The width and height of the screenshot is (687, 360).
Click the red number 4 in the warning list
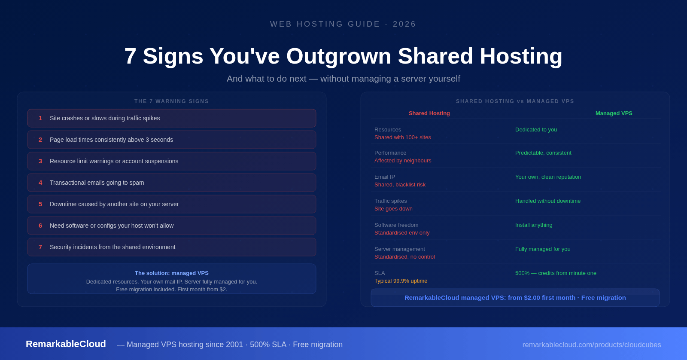pyautogui.click(x=40, y=183)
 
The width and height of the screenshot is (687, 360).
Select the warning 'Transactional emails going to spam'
pyautogui.click(x=97, y=183)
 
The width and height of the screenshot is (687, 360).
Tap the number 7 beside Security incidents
pyautogui.click(x=40, y=247)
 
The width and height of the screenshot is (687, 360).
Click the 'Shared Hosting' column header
pyautogui.click(x=429, y=113)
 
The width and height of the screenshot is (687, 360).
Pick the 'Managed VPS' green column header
pyautogui.click(x=614, y=113)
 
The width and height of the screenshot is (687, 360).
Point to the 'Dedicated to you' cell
pyautogui.click(x=536, y=130)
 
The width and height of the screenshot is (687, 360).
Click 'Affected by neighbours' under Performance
pyautogui.click(x=403, y=161)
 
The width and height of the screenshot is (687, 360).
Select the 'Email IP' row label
pyautogui.click(x=385, y=177)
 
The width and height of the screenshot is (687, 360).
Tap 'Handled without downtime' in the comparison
pyautogui.click(x=547, y=201)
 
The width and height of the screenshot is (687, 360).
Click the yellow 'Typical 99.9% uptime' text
pyautogui.click(x=401, y=281)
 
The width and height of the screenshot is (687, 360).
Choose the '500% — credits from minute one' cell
pyautogui.click(x=556, y=273)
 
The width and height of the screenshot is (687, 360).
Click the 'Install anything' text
pyautogui.click(x=534, y=225)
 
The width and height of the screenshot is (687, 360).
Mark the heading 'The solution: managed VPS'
pyautogui.click(x=172, y=273)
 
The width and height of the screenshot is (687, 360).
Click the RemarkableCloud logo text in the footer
pyautogui.click(x=66, y=344)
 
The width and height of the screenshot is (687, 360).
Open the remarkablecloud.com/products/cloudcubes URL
pyautogui.click(x=591, y=345)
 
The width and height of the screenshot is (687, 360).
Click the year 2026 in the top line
pyautogui.click(x=404, y=24)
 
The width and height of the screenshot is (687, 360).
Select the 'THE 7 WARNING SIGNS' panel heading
pyautogui.click(x=172, y=101)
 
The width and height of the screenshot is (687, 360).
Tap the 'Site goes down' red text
pyautogui.click(x=393, y=209)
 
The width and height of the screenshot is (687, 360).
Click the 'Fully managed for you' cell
pyautogui.click(x=543, y=249)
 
